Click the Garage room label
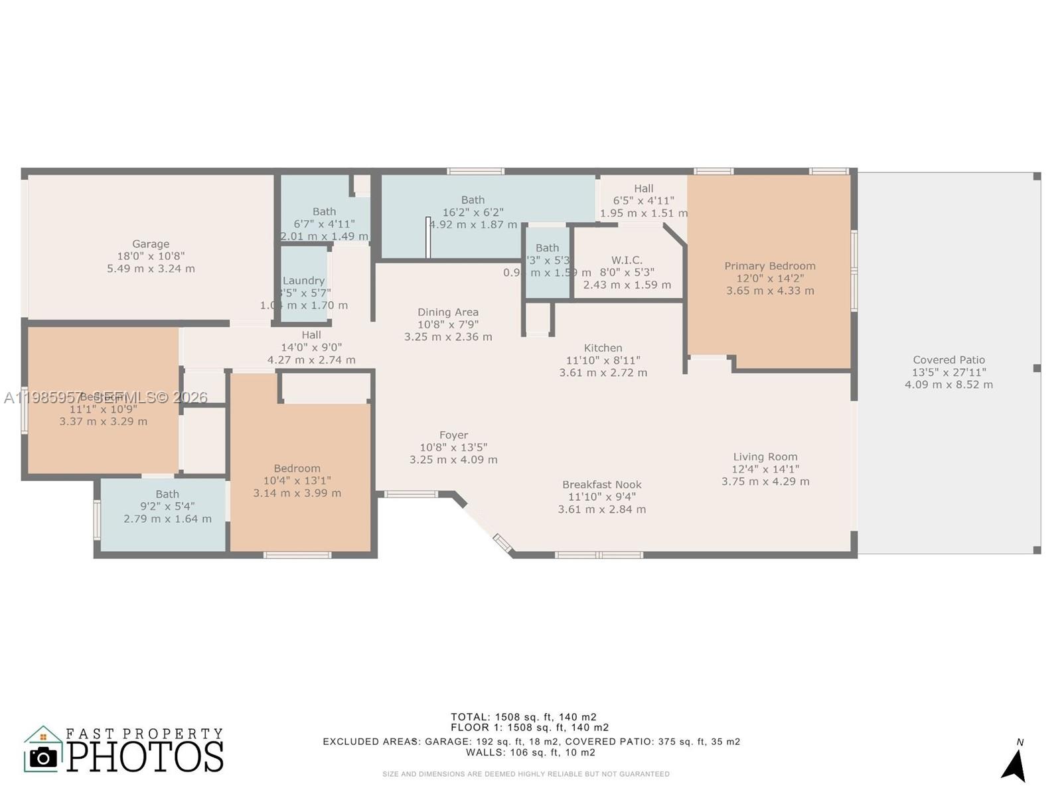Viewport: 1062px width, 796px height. pyautogui.click(x=151, y=244)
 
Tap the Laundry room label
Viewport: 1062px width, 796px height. pyautogui.click(x=303, y=281)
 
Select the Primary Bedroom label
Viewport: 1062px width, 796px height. pyautogui.click(x=770, y=266)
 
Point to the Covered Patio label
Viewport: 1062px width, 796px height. pyautogui.click(x=948, y=360)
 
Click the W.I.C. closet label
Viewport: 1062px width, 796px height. pyautogui.click(x=627, y=260)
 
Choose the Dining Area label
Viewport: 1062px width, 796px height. pyautogui.click(x=448, y=312)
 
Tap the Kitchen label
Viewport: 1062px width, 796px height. pyautogui.click(x=603, y=348)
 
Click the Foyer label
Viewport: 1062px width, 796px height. pyautogui.click(x=453, y=435)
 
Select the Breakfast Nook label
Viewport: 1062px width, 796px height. pyautogui.click(x=601, y=485)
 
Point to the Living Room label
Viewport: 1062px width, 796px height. pyautogui.click(x=765, y=457)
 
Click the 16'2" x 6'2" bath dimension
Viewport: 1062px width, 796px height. pyautogui.click(x=473, y=212)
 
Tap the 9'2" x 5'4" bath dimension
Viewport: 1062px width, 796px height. pyautogui.click(x=167, y=507)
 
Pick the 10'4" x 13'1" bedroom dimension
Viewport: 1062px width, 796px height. pyautogui.click(x=297, y=481)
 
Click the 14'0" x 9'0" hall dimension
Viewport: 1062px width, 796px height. pyautogui.click(x=311, y=348)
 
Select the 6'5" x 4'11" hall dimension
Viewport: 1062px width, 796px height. pyautogui.click(x=643, y=201)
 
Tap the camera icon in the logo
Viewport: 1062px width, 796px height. pyautogui.click(x=44, y=758)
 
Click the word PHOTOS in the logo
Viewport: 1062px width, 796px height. pyautogui.click(x=145, y=757)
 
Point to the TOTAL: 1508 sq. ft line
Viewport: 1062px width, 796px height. pyautogui.click(x=524, y=717)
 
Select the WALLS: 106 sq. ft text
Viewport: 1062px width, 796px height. pyautogui.click(x=530, y=753)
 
